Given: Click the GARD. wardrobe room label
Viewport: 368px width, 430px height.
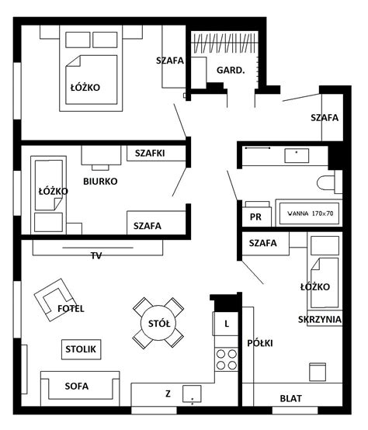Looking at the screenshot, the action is pos(231,71).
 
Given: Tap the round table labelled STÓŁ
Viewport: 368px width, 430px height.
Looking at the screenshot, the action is pos(159,324).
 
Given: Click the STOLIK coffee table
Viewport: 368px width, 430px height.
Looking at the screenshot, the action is pos(82,349).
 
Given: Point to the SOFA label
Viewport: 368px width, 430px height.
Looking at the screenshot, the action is pos(77,386).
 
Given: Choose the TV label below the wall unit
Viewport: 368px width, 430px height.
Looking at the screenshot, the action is pos(96,255).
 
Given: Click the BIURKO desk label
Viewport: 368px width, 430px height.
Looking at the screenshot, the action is pos(100,182).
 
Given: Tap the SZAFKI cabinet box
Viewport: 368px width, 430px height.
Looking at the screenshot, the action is pos(156,153).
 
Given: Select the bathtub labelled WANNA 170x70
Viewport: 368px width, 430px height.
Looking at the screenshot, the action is pos(310,213).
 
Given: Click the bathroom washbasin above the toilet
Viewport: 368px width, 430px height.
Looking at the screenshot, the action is pos(297,155).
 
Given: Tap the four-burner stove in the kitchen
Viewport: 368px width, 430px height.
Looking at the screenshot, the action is pos(227,359).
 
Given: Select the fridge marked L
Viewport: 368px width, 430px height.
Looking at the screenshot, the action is pos(226,324).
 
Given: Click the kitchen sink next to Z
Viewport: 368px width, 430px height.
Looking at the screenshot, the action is pos(192,394).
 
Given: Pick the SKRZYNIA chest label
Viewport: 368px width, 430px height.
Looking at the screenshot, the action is pos(320,319).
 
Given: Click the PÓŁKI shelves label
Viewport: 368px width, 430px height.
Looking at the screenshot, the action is pos(260,343).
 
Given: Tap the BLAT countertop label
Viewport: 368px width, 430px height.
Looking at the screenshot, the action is pos(291,398).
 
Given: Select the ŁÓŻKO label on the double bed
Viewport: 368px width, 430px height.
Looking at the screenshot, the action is pos(85,88).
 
